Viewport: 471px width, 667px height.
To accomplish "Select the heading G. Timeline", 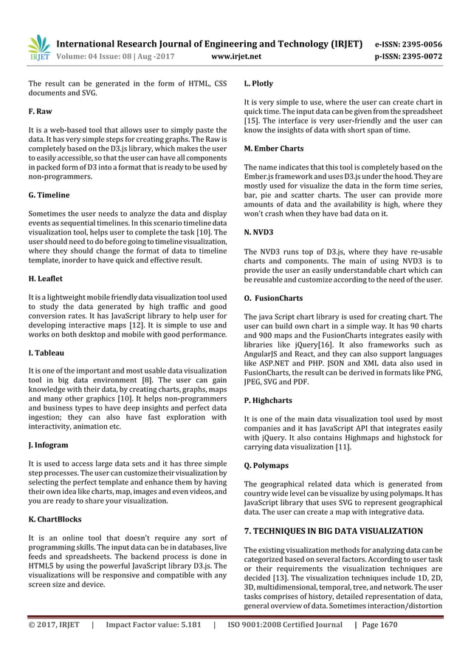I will click(x=49, y=195).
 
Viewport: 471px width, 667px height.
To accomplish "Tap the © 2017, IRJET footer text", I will click(x=55, y=645).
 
